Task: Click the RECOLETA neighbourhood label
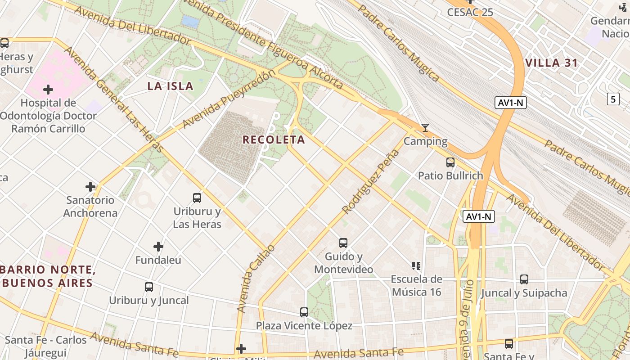tap(274, 139)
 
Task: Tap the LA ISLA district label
tap(170, 86)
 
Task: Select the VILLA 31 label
tap(551, 63)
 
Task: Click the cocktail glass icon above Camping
tap(425, 128)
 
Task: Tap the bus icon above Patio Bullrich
tap(450, 162)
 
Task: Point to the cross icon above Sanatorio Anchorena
tap(90, 186)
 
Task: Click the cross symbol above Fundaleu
tap(158, 247)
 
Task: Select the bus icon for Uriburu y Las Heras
tap(197, 198)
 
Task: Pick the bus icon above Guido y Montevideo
tap(343, 243)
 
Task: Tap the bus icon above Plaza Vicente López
tap(304, 312)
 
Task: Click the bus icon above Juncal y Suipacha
tap(524, 279)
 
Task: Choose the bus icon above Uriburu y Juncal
tap(148, 287)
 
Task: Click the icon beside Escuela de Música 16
tap(416, 266)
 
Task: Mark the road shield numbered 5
tap(612, 99)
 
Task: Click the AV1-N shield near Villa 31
tap(511, 103)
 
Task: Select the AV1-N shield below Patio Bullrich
tap(479, 217)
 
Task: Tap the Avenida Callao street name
tap(255, 279)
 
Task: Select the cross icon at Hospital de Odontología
tap(48, 90)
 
